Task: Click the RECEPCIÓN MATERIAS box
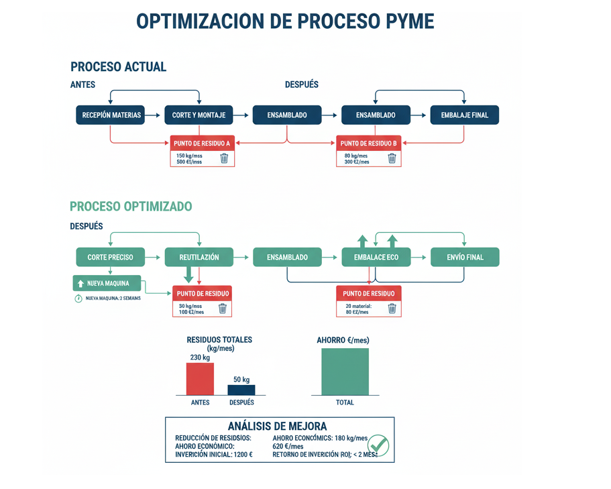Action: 111,115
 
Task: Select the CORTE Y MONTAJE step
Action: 199,115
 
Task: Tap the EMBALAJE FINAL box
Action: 464,115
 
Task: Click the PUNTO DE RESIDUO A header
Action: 202,144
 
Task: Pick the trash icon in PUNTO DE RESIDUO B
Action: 392,158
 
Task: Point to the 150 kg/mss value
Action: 189,156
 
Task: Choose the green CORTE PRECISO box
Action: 110,257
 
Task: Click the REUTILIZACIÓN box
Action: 199,257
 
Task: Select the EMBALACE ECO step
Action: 376,257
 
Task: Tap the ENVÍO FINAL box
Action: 465,257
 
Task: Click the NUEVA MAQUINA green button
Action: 107,283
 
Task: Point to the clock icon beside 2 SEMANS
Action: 78,298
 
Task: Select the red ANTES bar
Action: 200,379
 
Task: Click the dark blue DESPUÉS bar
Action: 241,390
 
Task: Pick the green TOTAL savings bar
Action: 345,372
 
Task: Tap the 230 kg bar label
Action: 200,357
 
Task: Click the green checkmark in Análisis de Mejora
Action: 378,445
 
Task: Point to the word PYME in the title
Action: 408,21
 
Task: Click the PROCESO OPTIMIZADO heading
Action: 131,207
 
